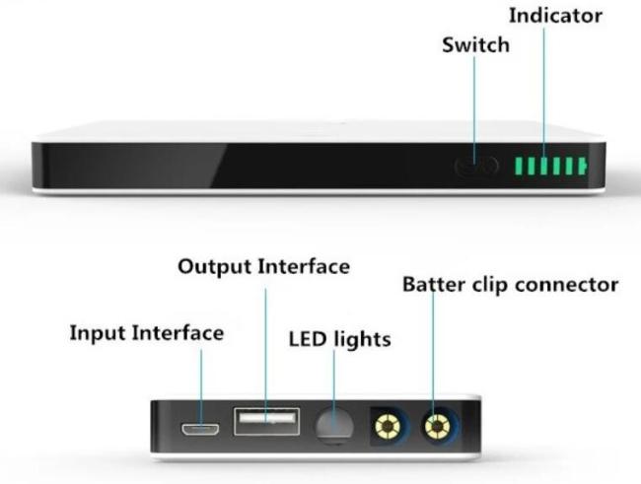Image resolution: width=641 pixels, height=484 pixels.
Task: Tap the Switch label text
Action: pyautogui.click(x=477, y=44)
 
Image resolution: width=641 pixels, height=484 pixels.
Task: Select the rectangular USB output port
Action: pyautogui.click(x=265, y=420)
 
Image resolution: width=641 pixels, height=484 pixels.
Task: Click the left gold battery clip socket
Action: pyautogui.click(x=387, y=426)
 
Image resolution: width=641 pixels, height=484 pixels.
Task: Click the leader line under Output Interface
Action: pyautogui.click(x=263, y=345)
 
